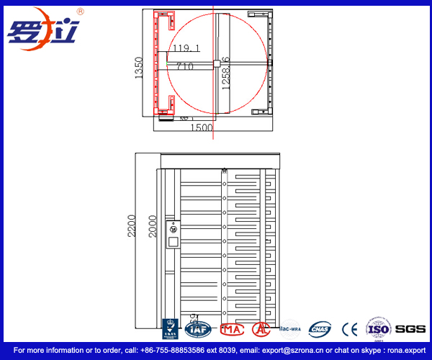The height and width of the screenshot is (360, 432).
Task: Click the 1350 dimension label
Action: tap(140, 68)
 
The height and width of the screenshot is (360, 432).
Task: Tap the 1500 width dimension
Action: tap(201, 127)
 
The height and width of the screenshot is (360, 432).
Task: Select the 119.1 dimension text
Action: tap(186, 48)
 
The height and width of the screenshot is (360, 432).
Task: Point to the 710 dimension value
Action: tap(185, 66)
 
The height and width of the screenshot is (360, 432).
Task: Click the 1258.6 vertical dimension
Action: tap(225, 73)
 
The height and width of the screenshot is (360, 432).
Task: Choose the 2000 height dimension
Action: tap(153, 230)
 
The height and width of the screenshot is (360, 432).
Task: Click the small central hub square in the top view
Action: tap(215, 63)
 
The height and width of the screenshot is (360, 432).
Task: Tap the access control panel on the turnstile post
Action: tap(173, 235)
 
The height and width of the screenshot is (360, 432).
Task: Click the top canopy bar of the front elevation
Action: tap(218, 160)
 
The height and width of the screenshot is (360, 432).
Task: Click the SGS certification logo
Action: tap(410, 329)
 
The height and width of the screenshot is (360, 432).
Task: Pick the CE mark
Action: tap(350, 329)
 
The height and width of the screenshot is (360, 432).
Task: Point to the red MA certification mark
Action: tap(232, 329)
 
